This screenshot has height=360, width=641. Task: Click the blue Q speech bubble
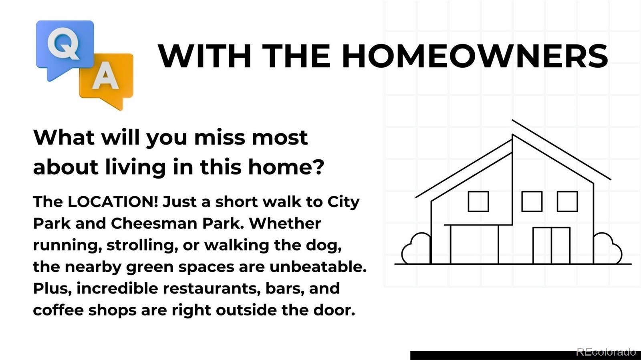tap(65, 47)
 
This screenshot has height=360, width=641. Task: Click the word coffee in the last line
tap(58, 310)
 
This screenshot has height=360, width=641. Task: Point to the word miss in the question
tap(220, 137)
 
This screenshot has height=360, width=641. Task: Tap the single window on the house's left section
tap(478, 201)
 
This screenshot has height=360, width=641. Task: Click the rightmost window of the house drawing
tap(567, 201)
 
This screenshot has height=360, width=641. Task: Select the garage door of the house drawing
tap(474, 244)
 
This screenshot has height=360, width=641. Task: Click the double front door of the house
tap(551, 245)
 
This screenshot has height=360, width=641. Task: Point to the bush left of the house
tap(415, 248)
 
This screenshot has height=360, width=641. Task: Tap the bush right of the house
tap(607, 248)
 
